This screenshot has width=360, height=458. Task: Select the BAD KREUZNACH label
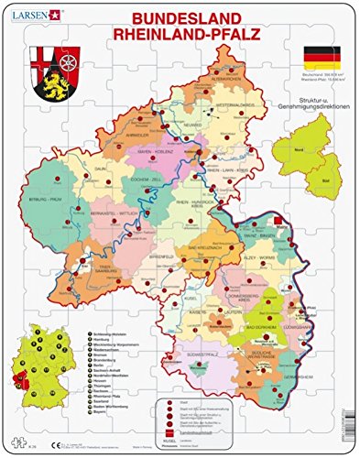coord(200,249)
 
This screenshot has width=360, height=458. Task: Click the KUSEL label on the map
coord(178,296)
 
